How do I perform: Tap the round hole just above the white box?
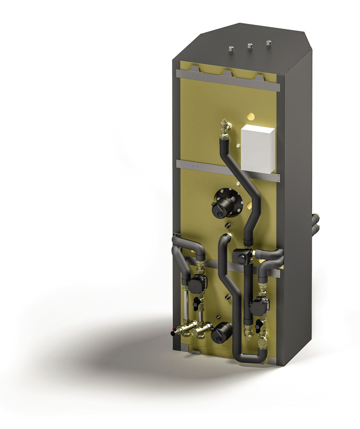tap(250, 116)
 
